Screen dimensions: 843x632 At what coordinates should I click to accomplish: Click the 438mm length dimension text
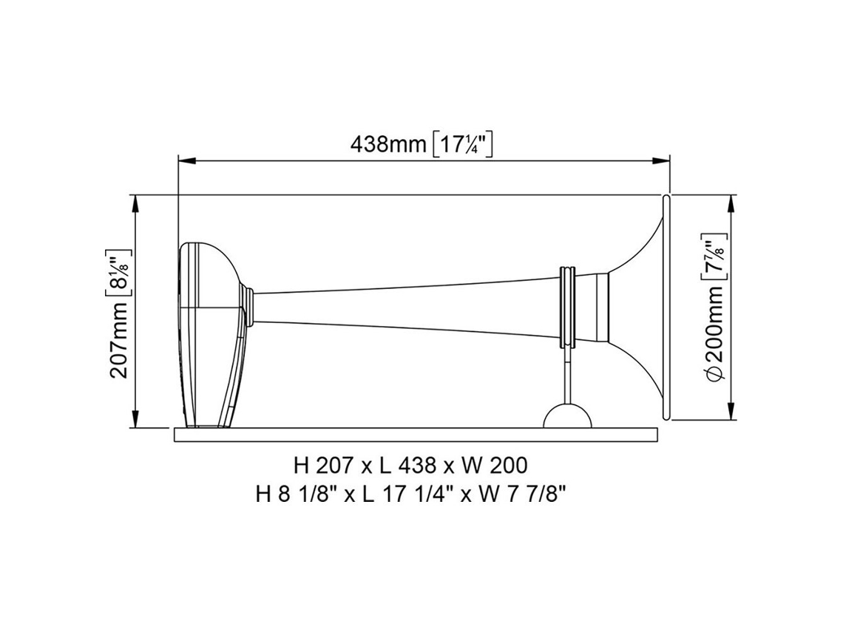click(389, 144)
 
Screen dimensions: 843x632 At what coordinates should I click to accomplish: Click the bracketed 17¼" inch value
click(463, 145)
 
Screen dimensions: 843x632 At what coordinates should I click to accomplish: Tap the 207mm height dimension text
click(119, 339)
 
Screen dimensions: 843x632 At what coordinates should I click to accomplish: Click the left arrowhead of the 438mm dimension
click(186, 160)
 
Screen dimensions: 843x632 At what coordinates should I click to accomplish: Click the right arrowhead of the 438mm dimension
click(661, 160)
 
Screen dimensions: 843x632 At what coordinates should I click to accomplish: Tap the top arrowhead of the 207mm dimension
click(135, 203)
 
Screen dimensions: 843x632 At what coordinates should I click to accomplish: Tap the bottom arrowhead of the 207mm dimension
click(135, 419)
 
